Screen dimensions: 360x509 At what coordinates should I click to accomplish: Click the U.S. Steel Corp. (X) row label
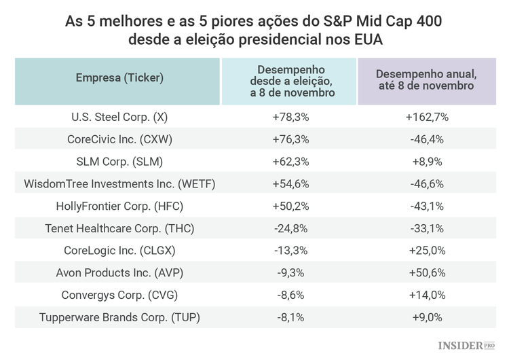[x=119, y=117]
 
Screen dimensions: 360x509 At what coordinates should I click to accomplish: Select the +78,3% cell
[x=290, y=117]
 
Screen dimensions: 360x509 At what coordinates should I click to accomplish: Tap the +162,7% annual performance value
[x=427, y=117]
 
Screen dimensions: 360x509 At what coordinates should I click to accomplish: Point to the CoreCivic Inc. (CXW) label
[x=119, y=139]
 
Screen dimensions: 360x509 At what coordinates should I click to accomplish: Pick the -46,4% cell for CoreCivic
[x=427, y=139]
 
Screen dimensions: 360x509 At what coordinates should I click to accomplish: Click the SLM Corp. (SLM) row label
[x=119, y=162]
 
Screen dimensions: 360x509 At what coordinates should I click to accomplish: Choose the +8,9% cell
[x=427, y=162]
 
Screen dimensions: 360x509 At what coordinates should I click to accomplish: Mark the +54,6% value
[x=290, y=183]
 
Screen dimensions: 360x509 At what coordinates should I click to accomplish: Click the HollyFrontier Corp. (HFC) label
[x=119, y=206]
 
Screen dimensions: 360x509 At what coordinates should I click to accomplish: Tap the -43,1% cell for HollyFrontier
[x=427, y=206]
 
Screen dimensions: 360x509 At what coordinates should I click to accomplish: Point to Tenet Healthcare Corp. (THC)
[x=119, y=228]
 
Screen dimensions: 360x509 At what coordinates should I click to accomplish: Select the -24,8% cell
[x=290, y=228]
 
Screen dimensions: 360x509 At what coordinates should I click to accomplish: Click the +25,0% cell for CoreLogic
[x=427, y=251]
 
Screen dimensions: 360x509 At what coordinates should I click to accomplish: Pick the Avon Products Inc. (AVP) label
[x=119, y=272]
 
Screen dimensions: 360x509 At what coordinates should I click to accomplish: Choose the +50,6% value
[x=427, y=272]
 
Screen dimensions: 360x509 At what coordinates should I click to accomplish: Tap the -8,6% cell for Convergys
[x=290, y=295]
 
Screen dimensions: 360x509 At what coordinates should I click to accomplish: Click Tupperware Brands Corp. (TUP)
[x=119, y=317]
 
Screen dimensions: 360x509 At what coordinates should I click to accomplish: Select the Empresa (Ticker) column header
[x=119, y=78]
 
